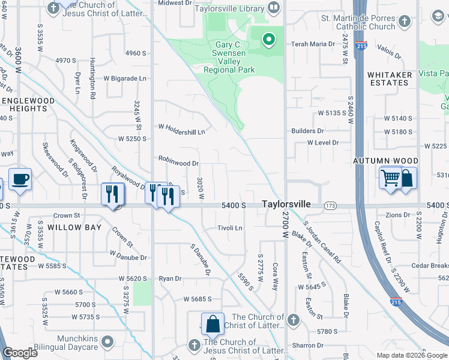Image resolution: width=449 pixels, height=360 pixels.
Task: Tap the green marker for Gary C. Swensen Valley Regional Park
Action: point(268,40)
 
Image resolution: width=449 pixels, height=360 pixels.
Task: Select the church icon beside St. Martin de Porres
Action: point(405,22)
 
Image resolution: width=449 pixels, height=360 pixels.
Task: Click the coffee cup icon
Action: point(20,179)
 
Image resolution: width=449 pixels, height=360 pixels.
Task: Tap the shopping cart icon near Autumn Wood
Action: point(391,178)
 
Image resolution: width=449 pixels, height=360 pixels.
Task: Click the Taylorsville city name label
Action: point(286,205)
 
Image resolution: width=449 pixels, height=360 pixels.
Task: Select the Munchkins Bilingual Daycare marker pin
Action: point(107,342)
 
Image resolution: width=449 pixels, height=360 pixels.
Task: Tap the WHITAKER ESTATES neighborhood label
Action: point(390,79)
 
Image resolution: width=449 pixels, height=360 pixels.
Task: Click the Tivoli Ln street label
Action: point(229,228)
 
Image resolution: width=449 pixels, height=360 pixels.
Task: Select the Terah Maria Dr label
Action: point(313,44)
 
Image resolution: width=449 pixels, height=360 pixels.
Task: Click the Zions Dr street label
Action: point(397,215)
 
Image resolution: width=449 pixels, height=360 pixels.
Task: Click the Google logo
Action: point(20,353)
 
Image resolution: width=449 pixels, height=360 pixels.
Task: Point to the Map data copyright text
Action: point(412,355)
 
